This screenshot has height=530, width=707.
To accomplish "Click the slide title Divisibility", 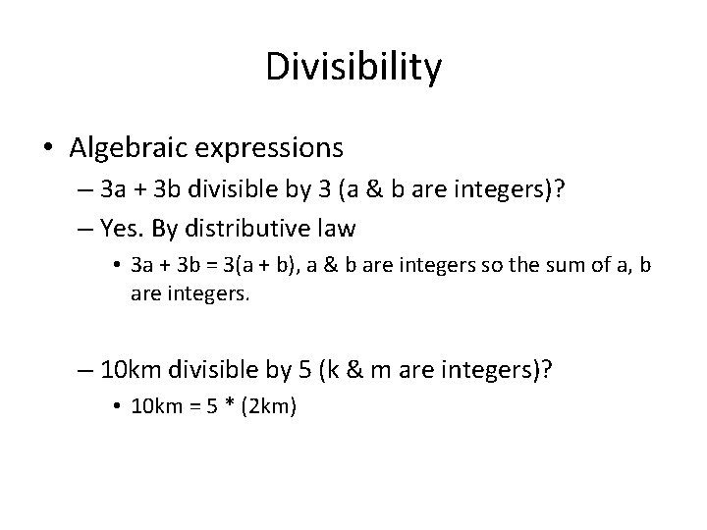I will (353, 68).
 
